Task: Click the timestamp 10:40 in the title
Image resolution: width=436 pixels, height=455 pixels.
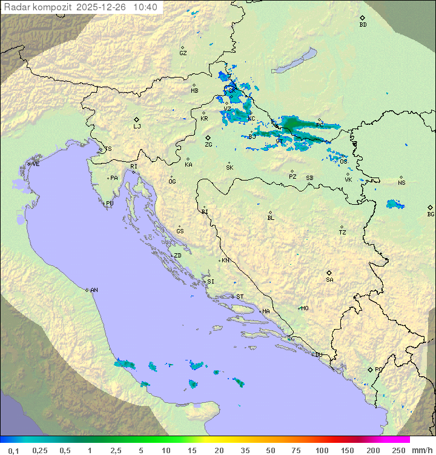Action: point(145,7)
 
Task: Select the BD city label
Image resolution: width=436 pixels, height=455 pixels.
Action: point(363,24)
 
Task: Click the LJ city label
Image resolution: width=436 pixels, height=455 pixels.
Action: point(137,126)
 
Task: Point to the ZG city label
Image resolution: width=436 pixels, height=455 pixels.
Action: point(208,145)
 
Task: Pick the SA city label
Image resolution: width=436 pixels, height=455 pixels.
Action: point(329,279)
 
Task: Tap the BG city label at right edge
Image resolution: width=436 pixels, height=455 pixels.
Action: point(431,214)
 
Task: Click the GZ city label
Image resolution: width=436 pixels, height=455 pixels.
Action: point(183,53)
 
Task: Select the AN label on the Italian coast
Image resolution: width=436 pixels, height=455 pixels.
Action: point(94,290)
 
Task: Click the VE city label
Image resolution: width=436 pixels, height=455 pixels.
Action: point(36,164)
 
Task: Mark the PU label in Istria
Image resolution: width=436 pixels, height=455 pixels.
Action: point(110,204)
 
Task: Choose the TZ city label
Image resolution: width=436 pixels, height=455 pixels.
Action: point(343,232)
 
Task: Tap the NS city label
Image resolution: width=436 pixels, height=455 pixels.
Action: point(401,182)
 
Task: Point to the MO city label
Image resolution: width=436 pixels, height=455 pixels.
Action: point(305,308)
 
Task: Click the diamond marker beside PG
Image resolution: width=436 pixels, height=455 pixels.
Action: point(370,369)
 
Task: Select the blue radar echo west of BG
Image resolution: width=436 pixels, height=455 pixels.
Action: point(395,204)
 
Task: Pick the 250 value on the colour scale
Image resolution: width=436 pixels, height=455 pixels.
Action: point(398,450)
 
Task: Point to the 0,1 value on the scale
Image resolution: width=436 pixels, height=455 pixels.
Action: point(13,450)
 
